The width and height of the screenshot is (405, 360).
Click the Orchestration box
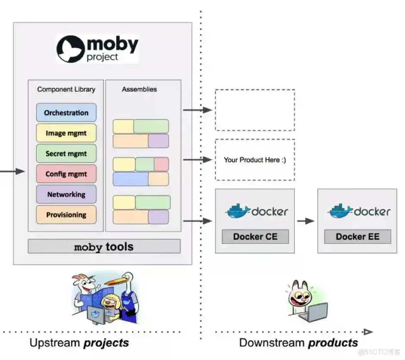point(66,113)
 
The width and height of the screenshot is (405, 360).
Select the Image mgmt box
point(66,133)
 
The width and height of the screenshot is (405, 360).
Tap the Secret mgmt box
point(66,153)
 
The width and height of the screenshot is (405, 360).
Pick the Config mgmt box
point(66,174)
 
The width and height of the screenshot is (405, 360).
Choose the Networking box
point(66,194)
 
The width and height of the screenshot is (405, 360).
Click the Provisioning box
point(66,215)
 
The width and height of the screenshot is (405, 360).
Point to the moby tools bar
point(104,247)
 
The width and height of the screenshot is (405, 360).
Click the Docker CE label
point(255,236)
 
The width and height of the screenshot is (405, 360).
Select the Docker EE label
point(358,236)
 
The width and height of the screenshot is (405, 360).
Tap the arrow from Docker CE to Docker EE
point(305,221)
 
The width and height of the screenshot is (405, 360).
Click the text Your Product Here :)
point(255,160)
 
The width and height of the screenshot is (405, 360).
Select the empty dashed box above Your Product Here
point(255,110)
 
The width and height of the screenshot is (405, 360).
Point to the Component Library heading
point(66,89)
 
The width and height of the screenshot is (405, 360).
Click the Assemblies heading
point(139,89)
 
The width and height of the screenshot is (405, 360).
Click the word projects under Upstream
point(106,343)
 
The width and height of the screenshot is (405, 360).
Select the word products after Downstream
point(333,343)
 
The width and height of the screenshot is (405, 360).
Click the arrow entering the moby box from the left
point(13,172)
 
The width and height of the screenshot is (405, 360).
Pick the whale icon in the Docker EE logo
point(340,211)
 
